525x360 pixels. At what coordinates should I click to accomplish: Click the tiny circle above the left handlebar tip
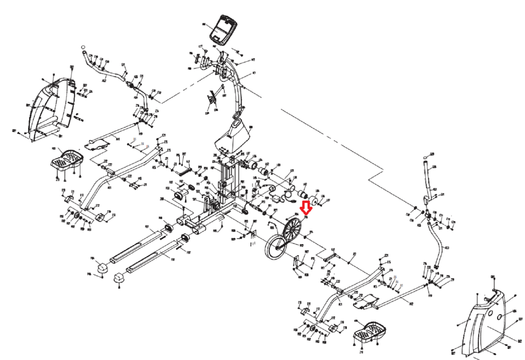coord(83,47)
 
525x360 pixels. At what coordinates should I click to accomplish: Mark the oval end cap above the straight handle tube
coord(425,157)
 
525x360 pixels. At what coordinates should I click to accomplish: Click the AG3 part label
coord(447,248)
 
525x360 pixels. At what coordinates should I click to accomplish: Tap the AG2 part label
coord(104,80)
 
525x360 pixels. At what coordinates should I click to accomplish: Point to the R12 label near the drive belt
coord(301,245)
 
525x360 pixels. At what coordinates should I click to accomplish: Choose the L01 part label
coord(292,171)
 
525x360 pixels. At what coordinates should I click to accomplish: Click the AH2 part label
coord(411,304)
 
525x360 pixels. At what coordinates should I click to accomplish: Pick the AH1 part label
coord(118,139)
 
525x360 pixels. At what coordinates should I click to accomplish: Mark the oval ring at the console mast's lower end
coord(236,116)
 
